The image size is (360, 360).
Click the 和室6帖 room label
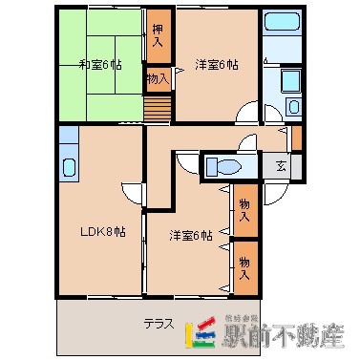coord(100,64)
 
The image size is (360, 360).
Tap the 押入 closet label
coord(158,36)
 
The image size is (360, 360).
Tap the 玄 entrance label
coord(281,165)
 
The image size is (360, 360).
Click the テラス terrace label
coord(158,323)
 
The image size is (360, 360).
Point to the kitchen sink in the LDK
coord(69,168)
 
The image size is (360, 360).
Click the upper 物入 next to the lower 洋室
coord(244,210)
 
